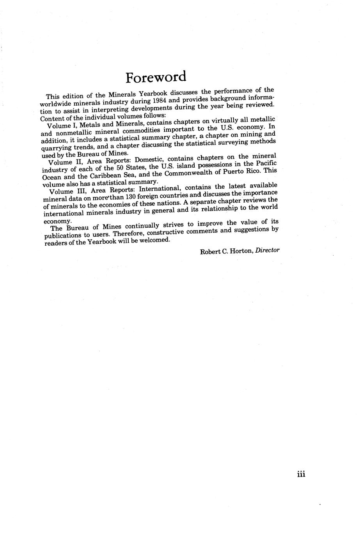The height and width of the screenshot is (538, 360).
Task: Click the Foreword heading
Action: (x=156, y=77)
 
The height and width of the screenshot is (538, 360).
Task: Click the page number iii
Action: (x=301, y=474)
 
